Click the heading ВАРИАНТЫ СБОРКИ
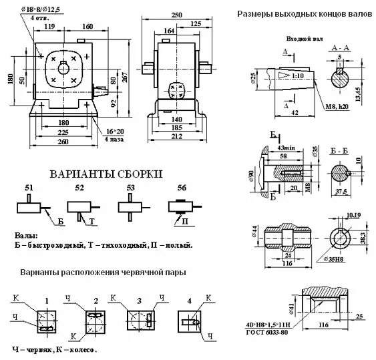106,174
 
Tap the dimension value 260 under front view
65,142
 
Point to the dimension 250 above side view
176,15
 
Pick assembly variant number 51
28,189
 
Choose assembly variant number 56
182,189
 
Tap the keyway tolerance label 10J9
353,216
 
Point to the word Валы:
26,236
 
